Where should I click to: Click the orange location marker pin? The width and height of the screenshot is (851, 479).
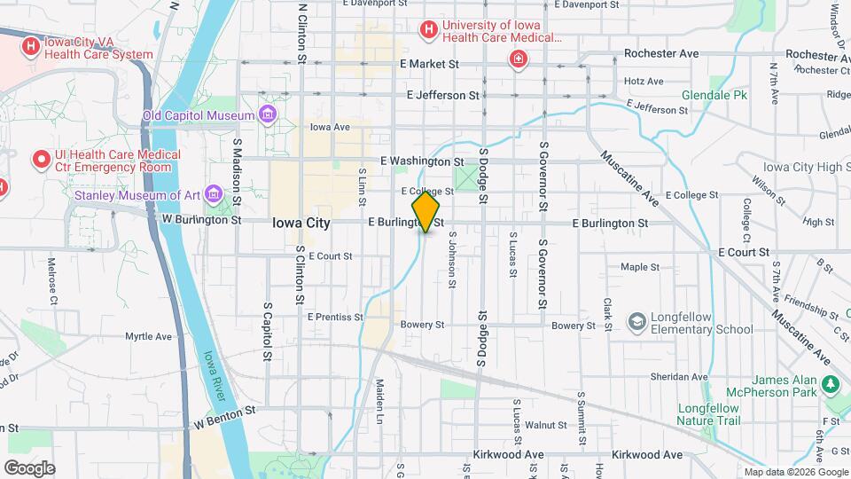tap(425, 213)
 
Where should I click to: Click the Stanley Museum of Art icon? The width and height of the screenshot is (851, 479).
tap(213, 195)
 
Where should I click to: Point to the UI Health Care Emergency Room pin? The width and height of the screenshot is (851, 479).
tap(41, 160)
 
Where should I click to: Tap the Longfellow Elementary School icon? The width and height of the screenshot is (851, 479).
tap(636, 321)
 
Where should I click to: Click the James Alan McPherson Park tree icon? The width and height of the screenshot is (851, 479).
tap(831, 384)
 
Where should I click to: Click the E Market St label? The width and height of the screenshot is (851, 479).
tap(429, 64)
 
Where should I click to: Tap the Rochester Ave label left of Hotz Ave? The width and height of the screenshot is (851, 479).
tap(661, 53)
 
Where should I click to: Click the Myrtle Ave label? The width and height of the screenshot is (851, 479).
tap(148, 336)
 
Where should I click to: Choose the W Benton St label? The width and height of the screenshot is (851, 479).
tap(225, 410)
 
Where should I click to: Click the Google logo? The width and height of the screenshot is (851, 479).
tap(29, 467)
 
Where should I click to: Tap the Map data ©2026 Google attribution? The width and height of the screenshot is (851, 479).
tap(794, 472)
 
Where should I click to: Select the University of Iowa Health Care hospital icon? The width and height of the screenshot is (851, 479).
tap(429, 31)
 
